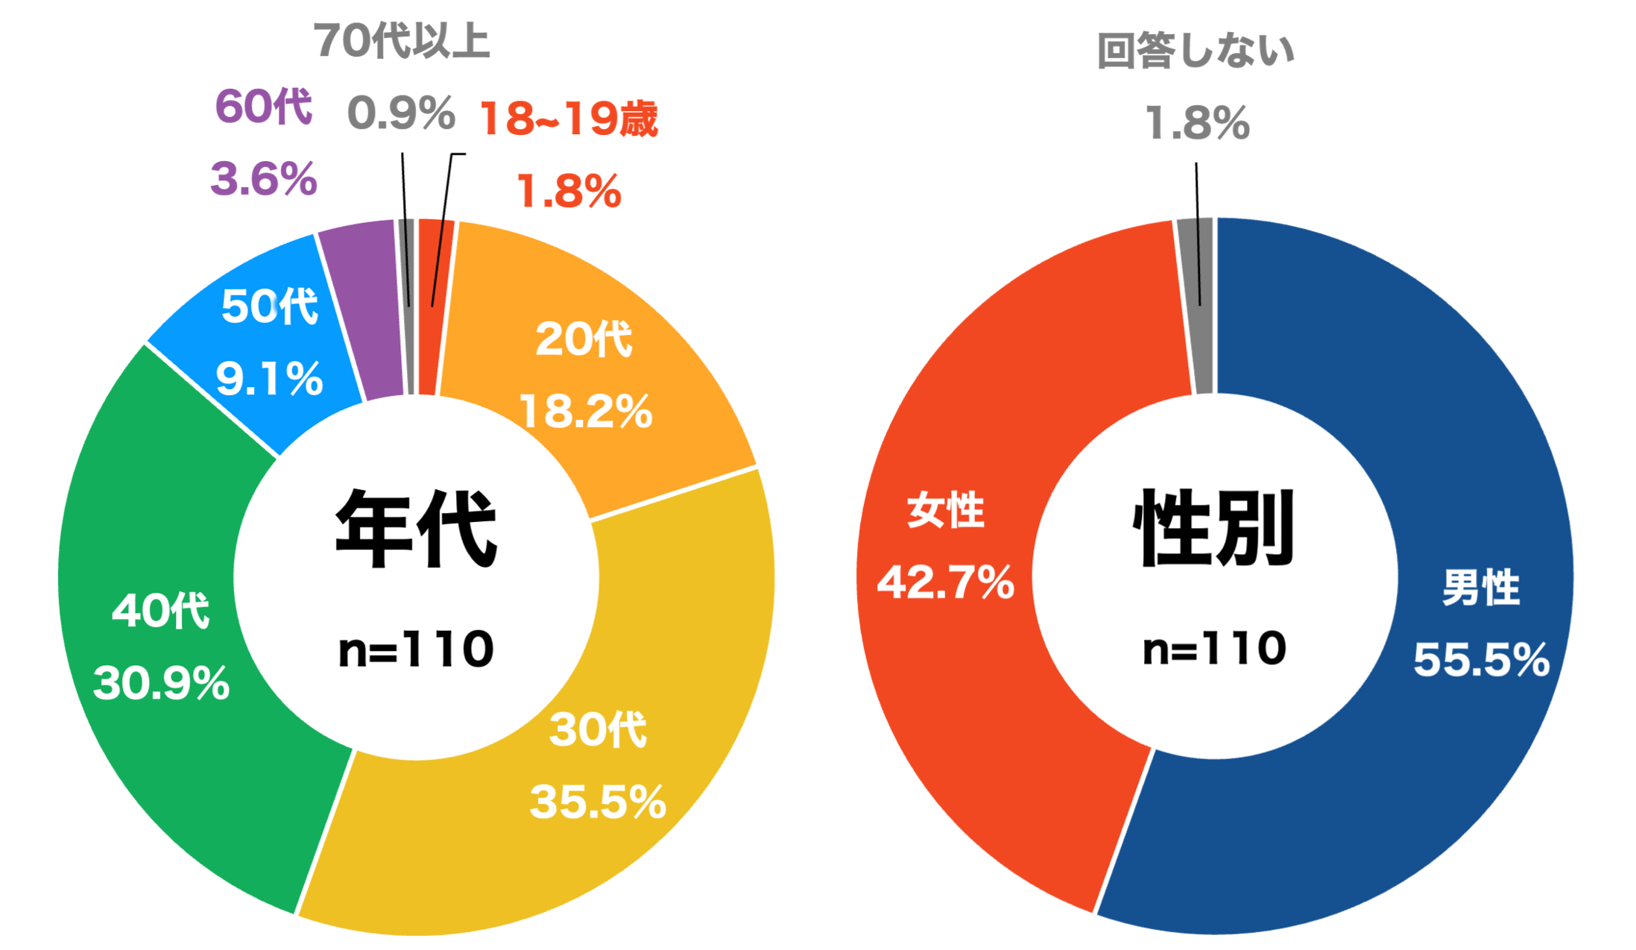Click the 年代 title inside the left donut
pyautogui.click(x=416, y=529)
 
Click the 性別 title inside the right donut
pyautogui.click(x=1213, y=529)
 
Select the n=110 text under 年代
pyautogui.click(x=416, y=649)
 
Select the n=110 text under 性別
pyautogui.click(x=1214, y=649)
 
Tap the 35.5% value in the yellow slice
pyautogui.click(x=598, y=802)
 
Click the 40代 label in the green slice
pyautogui.click(x=161, y=611)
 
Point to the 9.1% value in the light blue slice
pyautogui.click(x=269, y=379)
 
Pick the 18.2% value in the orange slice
pyautogui.click(x=586, y=412)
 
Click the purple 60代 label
pyautogui.click(x=263, y=107)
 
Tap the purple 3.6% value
pyautogui.click(x=264, y=180)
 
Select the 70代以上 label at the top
pyautogui.click(x=402, y=40)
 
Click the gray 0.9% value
pyautogui.click(x=401, y=113)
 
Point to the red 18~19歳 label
pyautogui.click(x=569, y=119)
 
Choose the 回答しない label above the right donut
pyautogui.click(x=1196, y=51)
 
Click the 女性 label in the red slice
pyautogui.click(x=946, y=512)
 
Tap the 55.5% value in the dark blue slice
pyautogui.click(x=1481, y=660)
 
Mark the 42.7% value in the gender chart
pyautogui.click(x=946, y=582)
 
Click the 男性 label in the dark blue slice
pyautogui.click(x=1481, y=588)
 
